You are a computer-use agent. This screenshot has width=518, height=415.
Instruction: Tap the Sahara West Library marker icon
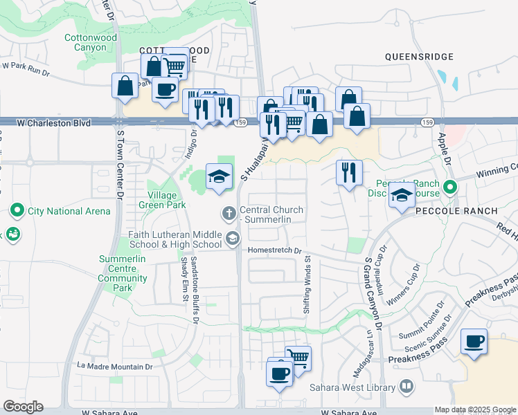click(407, 386)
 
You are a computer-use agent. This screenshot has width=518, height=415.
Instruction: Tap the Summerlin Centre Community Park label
click(123, 273)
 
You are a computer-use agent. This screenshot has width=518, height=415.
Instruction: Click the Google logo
click(23, 407)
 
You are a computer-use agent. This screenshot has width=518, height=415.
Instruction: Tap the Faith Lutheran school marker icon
click(233, 239)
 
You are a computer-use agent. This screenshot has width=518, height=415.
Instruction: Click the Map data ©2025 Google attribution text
click(474, 409)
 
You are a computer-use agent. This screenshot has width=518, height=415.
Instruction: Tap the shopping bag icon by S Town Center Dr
click(125, 86)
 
